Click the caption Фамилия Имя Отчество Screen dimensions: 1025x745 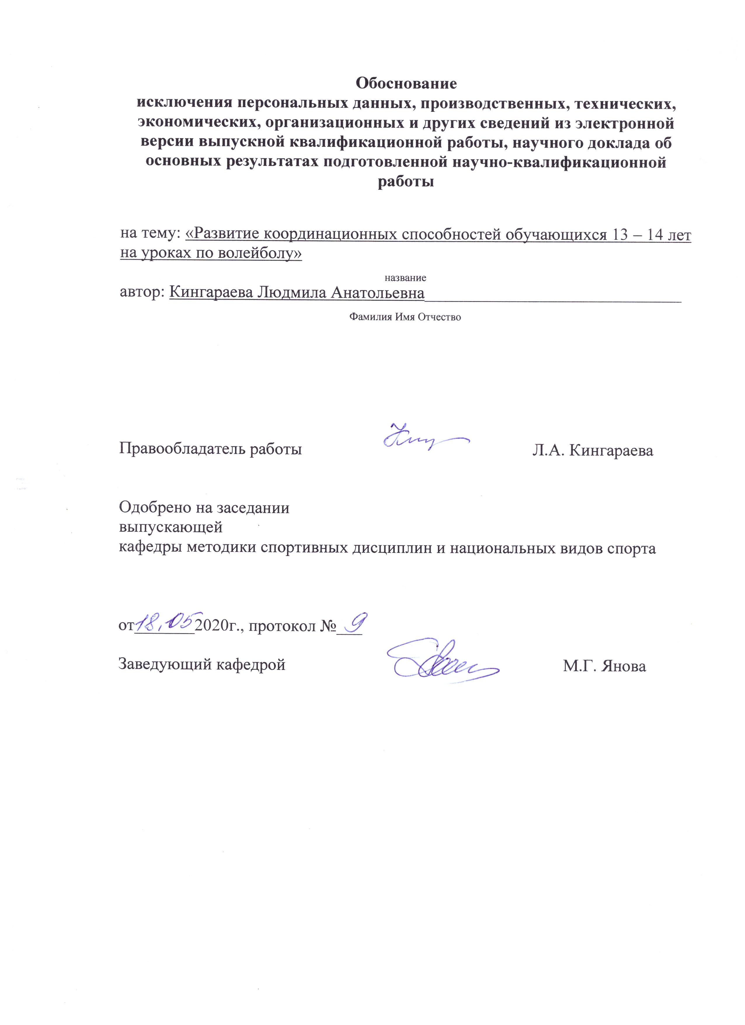click(405, 317)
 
